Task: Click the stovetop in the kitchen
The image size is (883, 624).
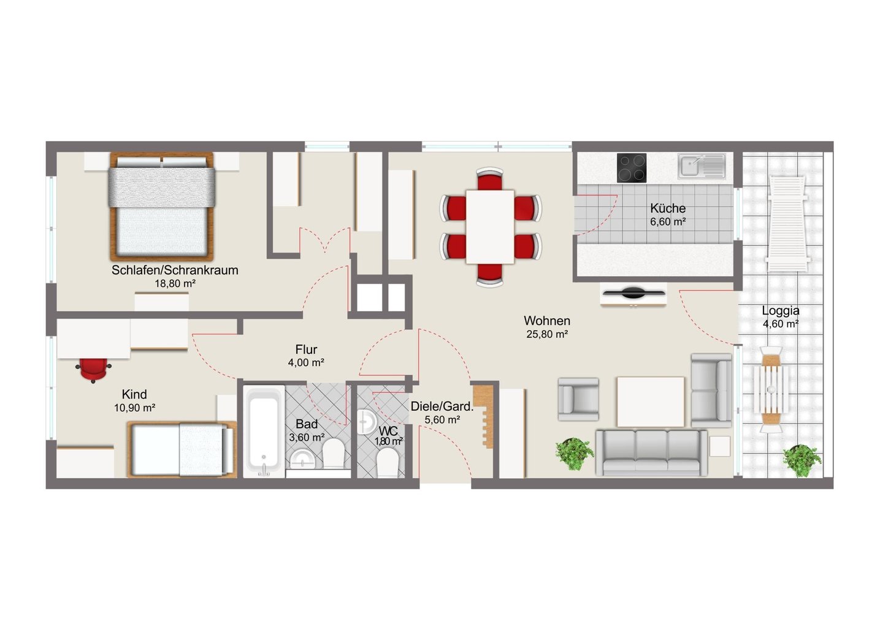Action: pos(632,168)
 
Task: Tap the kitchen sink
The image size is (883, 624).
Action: pos(701,166)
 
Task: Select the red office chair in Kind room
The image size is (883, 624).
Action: pos(93,370)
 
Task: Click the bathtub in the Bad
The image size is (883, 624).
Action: pos(264,431)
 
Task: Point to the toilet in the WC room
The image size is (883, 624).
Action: pos(388,464)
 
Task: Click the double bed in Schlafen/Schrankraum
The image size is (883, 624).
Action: pos(162,207)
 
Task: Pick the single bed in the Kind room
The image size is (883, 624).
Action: pos(182,449)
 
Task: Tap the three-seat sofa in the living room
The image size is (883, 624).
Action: pos(651,452)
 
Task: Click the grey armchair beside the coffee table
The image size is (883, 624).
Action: pos(578,400)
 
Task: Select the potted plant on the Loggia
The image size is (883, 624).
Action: pos(802,460)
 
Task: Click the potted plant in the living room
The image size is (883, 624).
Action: pos(575,454)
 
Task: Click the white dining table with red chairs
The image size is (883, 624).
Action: pos(490,227)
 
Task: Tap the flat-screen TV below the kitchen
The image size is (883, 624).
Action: pos(634,293)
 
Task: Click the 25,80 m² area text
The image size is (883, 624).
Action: pos(547,335)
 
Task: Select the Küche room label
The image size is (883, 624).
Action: pos(668,208)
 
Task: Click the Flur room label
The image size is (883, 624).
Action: pos(307,349)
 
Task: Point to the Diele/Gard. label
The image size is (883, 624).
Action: pos(442,406)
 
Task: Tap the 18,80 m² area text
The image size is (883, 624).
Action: pos(175,283)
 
